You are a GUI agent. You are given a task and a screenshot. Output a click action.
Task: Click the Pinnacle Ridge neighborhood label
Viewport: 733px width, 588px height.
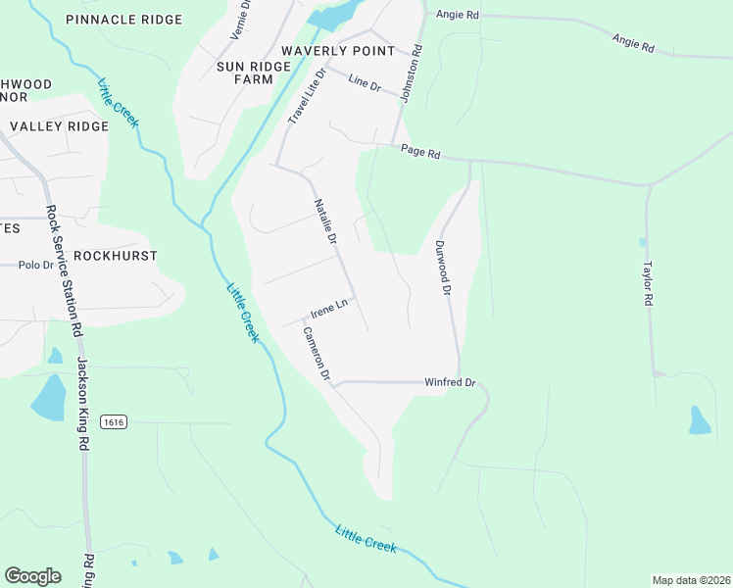coord(123,20)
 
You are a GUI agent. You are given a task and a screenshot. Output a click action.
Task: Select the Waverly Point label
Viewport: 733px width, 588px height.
coord(337,50)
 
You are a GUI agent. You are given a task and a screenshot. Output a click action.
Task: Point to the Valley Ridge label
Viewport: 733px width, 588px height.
coord(59,126)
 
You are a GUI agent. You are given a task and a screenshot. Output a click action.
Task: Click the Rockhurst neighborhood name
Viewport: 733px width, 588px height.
coord(116,255)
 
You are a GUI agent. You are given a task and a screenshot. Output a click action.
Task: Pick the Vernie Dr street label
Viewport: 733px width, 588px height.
coord(239,20)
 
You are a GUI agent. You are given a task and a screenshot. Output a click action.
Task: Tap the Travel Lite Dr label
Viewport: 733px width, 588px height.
coord(306,95)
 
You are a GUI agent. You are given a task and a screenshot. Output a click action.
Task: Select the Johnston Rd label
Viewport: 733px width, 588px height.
coord(415,70)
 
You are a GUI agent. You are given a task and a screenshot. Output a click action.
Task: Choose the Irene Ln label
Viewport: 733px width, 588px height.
coord(329,310)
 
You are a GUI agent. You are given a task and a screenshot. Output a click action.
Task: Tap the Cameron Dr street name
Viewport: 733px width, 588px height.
coord(317,354)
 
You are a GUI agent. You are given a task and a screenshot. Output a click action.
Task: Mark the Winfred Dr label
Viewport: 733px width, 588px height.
coord(449,382)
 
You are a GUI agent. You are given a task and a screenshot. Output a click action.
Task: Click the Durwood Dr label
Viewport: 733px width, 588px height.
coord(443,269)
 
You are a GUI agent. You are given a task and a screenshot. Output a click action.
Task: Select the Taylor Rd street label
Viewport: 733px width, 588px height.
coord(647,283)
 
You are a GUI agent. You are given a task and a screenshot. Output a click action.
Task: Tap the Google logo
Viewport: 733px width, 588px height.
coord(32,576)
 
